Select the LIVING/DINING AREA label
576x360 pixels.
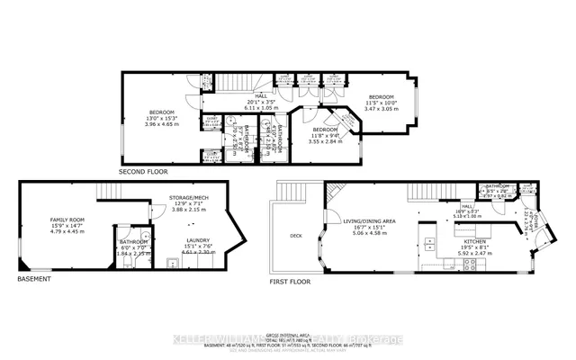click(x=369, y=220)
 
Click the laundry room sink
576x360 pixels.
click(x=171, y=263)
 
